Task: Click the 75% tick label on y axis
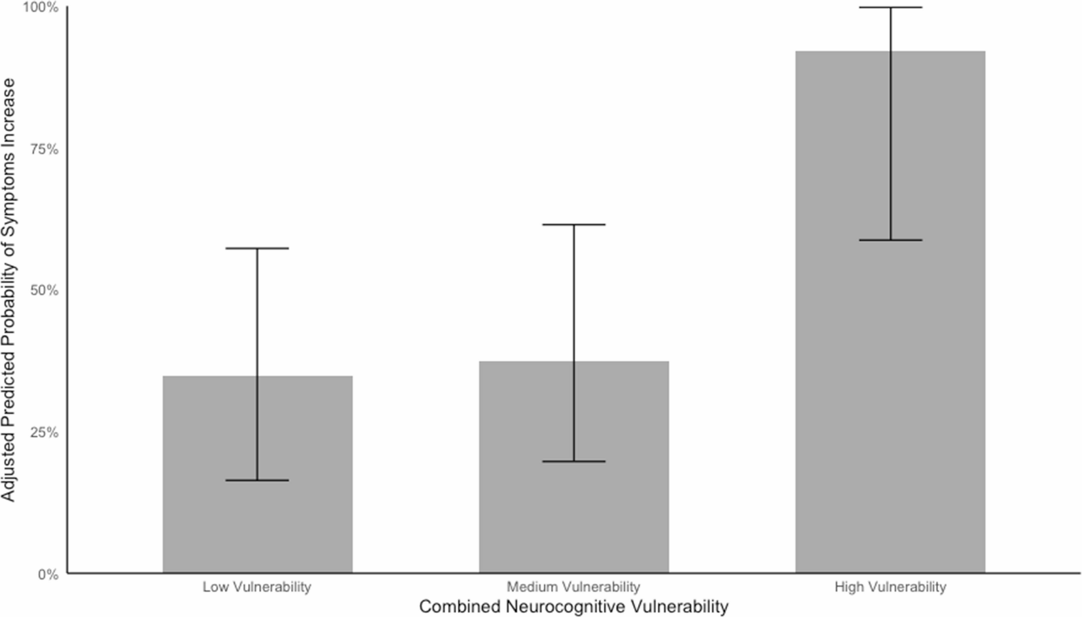[44, 150]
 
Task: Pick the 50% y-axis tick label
[44, 291]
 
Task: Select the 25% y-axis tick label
[44, 432]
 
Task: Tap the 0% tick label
[47, 574]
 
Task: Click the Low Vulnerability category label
[257, 586]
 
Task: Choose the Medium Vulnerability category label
[573, 586]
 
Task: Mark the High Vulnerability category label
[890, 586]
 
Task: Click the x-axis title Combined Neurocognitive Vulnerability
[574, 606]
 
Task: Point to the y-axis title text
[8, 290]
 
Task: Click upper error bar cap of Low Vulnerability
[257, 248]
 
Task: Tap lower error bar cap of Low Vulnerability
[257, 480]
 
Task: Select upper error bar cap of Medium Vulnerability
[574, 225]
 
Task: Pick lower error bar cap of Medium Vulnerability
[574, 461]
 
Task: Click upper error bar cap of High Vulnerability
[890, 7]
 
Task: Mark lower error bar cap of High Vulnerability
[890, 240]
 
